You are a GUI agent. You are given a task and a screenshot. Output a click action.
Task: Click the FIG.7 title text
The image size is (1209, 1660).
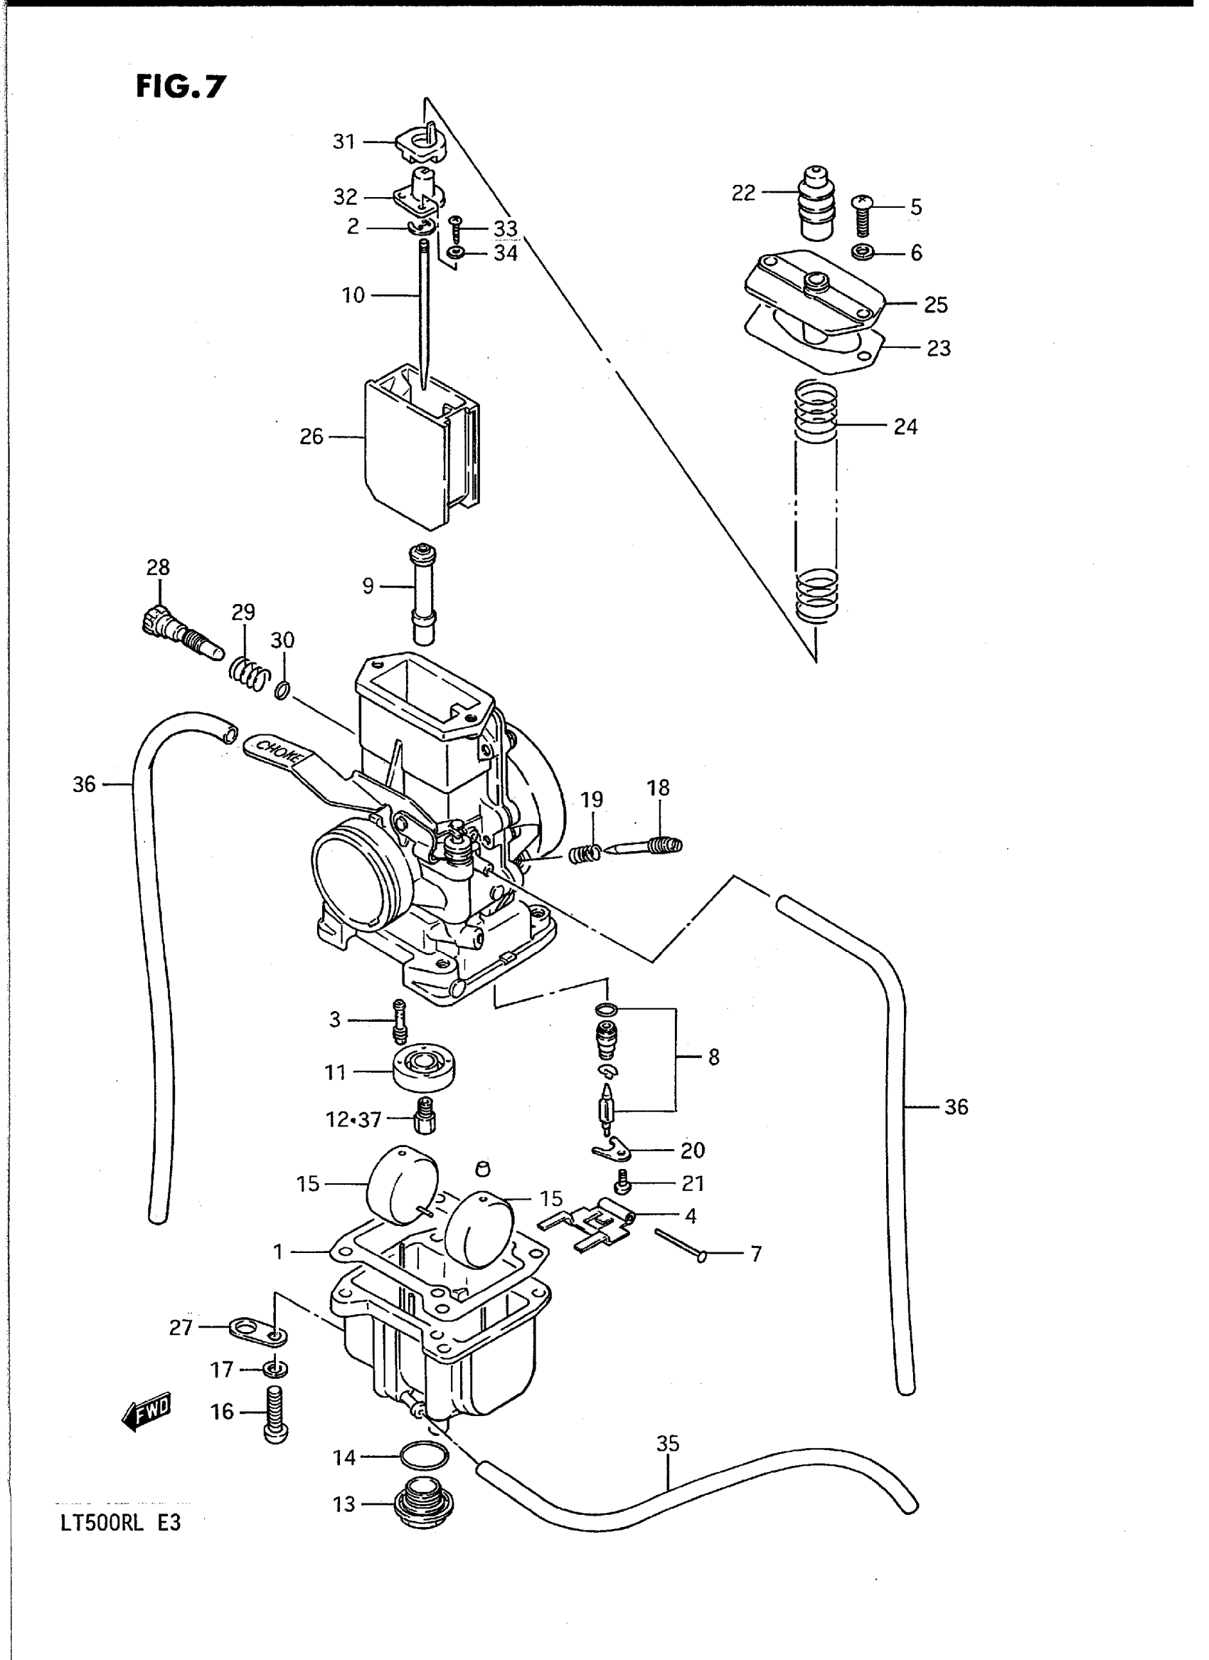click(181, 87)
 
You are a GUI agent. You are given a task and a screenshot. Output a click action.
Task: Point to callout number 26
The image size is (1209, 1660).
click(311, 437)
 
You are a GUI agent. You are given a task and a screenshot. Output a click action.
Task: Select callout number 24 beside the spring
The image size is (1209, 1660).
click(905, 426)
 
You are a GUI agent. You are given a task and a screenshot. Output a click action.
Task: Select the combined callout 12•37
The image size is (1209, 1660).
click(353, 1120)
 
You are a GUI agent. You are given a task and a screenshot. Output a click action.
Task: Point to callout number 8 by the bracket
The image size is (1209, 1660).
click(713, 1057)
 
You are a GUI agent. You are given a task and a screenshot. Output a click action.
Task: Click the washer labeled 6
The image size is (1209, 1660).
click(863, 253)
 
